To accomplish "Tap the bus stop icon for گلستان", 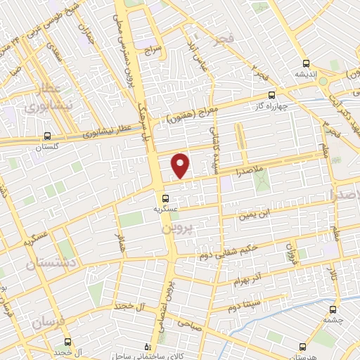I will [x=47, y=136].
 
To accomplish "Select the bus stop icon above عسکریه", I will [x=166, y=198].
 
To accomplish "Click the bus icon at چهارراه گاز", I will [x=272, y=97].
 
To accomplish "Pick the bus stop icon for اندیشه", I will [x=304, y=63].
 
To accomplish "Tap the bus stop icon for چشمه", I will [x=332, y=309].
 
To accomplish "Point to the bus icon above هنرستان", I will [x=302, y=347].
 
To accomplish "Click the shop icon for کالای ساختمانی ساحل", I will [x=146, y=347].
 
